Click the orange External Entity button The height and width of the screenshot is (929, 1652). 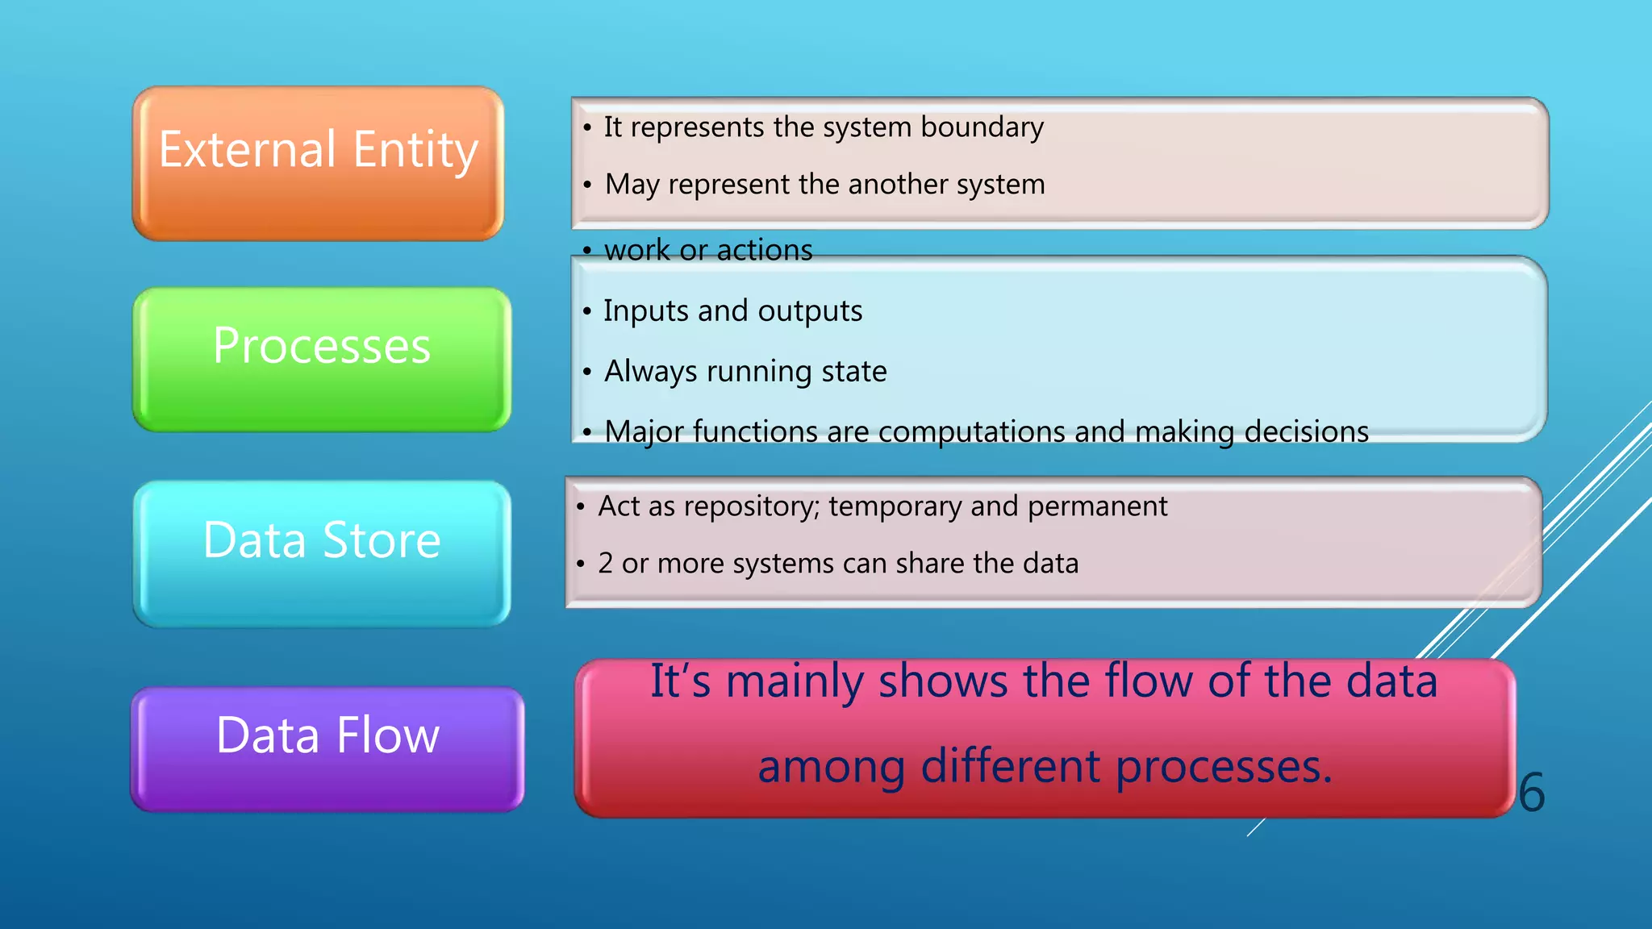pyautogui.click(x=318, y=164)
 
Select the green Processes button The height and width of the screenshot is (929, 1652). pyautogui.click(x=321, y=359)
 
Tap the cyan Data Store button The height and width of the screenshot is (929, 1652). pyautogui.click(x=321, y=553)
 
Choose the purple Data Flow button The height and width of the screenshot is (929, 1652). pyautogui.click(x=327, y=748)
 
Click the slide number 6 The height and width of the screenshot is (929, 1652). pyautogui.click(x=1531, y=793)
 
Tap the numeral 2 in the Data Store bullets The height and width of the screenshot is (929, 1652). pyautogui.click(x=605, y=564)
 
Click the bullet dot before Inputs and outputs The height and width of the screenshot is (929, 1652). pyautogui.click(x=586, y=312)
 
